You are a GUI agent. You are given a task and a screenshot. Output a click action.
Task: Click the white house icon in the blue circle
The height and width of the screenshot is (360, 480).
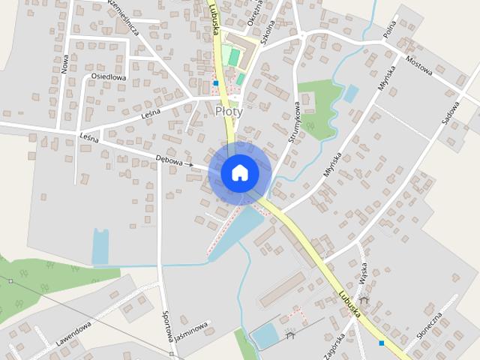click(x=239, y=172)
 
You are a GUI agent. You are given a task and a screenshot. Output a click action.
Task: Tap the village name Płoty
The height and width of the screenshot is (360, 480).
click(x=229, y=111)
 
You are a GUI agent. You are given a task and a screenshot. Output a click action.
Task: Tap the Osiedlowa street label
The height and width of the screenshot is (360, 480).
click(x=108, y=76)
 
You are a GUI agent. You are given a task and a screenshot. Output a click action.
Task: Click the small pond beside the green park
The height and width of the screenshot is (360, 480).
click(x=350, y=94)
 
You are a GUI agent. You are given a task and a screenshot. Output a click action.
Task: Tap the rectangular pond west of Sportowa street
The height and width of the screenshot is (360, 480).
click(x=100, y=246)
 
